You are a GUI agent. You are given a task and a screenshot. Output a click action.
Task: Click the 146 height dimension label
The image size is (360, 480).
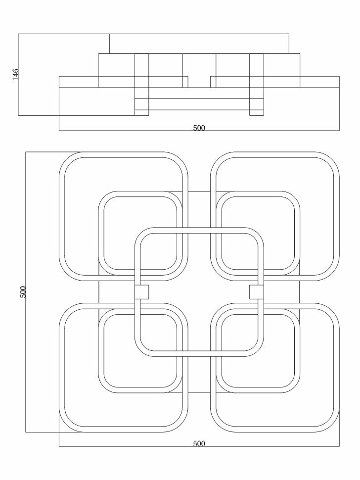pyautogui.click(x=16, y=75)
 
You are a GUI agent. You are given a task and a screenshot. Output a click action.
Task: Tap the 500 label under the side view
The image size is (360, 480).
pyautogui.click(x=199, y=128)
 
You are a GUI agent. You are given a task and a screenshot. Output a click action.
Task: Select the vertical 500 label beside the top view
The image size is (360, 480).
pyautogui.click(x=23, y=292)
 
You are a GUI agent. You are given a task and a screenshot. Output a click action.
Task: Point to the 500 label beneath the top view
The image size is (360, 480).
pyautogui.click(x=199, y=443)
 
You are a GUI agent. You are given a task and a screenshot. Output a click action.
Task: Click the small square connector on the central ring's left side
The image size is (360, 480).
pyautogui.click(x=142, y=292)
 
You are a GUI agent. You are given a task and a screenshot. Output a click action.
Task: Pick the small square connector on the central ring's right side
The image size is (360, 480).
pyautogui.click(x=257, y=292)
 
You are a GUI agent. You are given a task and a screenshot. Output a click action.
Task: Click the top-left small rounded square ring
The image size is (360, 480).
pyautogui.click(x=101, y=233)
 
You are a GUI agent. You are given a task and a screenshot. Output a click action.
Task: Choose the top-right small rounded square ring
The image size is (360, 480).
pyautogui.click(x=297, y=233)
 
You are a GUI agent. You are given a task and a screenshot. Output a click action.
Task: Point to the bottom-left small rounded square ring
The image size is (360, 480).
pyautogui.click(x=101, y=351)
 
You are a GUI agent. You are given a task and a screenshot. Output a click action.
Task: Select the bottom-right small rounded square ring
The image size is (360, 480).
pyautogui.click(x=297, y=351)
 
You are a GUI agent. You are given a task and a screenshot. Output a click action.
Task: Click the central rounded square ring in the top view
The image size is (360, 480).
pyautogui.click(x=199, y=230)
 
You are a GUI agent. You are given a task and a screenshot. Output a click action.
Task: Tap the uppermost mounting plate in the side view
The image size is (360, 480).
pyautogui.click(x=199, y=43)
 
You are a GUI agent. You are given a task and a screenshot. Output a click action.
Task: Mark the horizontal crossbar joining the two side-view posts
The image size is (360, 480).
pyautogui.click(x=199, y=104)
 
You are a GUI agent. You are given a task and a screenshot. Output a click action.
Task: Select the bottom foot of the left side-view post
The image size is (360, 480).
pyautogui.click(x=142, y=112)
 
